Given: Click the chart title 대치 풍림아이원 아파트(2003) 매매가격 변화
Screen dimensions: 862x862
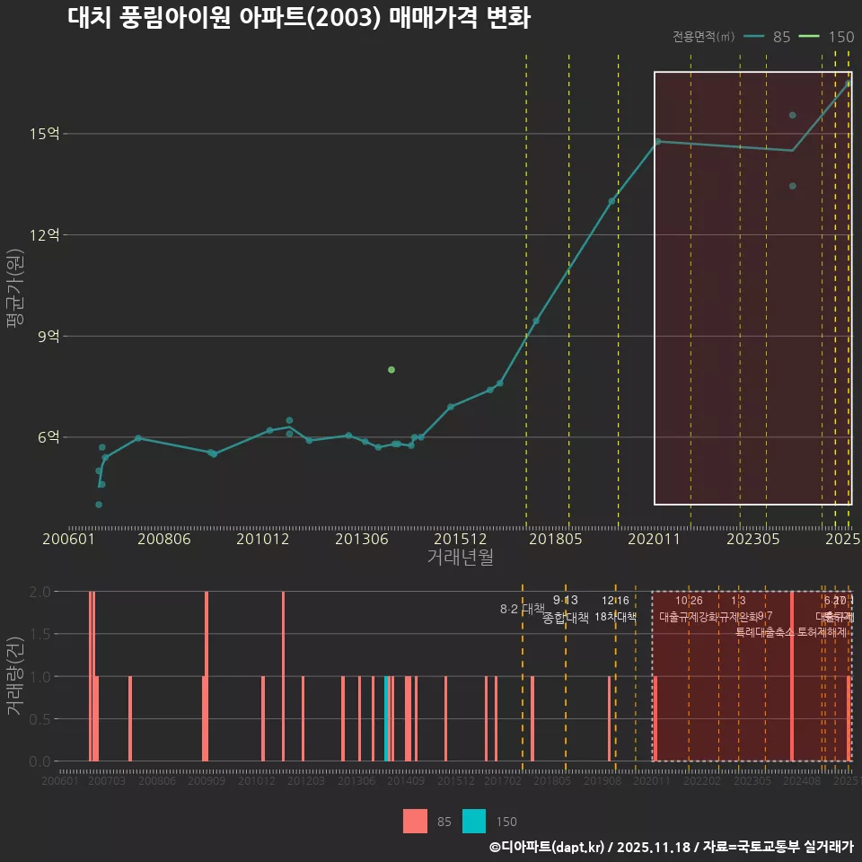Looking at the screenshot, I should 299,19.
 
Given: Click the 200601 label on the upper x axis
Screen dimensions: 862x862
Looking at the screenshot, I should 69,540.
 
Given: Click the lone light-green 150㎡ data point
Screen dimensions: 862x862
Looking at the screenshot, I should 391,370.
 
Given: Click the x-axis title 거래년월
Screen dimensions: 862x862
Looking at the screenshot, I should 460,558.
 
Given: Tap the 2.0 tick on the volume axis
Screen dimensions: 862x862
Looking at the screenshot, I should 40,592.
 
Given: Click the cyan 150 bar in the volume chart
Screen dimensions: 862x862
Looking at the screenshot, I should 387,718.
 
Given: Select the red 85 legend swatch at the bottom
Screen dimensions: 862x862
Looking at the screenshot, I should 416,821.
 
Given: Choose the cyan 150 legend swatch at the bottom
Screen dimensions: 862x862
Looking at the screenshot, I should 474,821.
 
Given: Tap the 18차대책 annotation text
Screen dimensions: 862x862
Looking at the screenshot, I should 615,617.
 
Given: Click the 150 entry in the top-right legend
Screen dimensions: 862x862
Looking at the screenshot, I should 840,37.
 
